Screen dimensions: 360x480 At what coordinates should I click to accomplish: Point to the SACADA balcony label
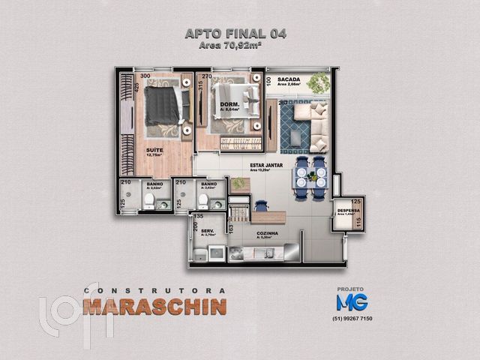(289, 79)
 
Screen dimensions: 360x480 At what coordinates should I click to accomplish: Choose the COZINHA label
(266, 233)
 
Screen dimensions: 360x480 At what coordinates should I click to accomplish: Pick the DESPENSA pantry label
(349, 211)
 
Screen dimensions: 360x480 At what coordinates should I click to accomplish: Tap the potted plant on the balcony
(320, 82)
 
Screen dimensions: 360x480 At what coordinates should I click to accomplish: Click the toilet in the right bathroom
(202, 199)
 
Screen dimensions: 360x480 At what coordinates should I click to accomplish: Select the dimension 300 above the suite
(145, 76)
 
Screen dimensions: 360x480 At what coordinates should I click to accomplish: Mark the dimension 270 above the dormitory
(206, 76)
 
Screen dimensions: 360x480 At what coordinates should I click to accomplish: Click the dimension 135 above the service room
(199, 216)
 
